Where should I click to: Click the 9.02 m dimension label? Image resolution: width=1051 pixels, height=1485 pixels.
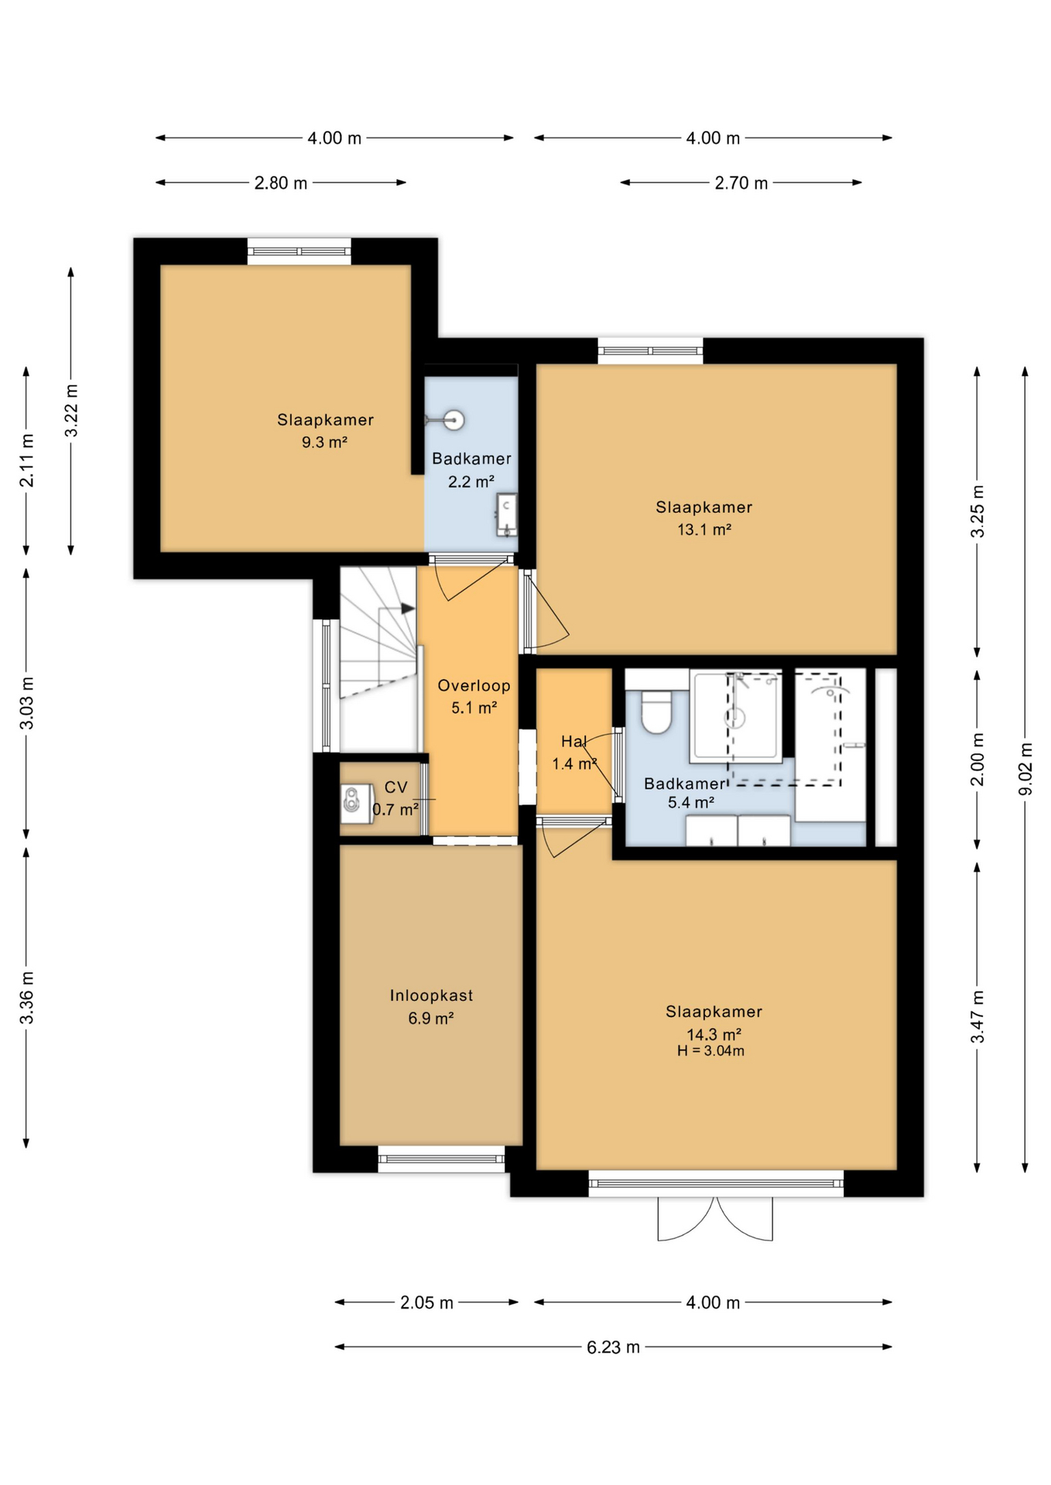(x=1025, y=769)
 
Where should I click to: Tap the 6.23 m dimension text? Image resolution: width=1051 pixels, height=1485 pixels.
(x=613, y=1347)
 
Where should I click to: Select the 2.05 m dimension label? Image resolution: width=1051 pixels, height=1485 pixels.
(x=426, y=1302)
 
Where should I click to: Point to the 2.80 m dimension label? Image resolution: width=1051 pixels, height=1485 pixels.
(x=281, y=183)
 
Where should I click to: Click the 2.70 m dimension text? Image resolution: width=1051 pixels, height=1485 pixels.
(x=741, y=183)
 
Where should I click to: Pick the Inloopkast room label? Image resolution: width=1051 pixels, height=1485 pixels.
(x=431, y=995)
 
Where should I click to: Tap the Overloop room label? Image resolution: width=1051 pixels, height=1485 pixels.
(x=474, y=685)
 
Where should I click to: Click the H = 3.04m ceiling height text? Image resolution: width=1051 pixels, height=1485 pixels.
(x=710, y=1050)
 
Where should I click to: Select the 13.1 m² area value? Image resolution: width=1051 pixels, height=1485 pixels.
(x=704, y=530)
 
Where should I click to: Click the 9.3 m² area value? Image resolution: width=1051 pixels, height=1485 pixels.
(x=324, y=442)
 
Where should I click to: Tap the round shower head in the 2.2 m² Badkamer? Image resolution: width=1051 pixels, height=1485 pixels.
(x=454, y=420)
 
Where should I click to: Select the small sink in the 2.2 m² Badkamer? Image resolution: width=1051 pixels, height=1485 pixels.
(x=506, y=514)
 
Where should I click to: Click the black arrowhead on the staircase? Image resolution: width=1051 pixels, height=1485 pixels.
(x=408, y=609)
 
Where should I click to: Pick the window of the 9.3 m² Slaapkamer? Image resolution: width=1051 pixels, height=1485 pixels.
(x=299, y=251)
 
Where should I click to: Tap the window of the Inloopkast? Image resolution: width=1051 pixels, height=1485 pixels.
(x=441, y=1158)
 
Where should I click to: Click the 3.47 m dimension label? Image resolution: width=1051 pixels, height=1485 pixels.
(x=977, y=1016)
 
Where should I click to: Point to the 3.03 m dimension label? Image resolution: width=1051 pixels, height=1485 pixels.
(x=26, y=703)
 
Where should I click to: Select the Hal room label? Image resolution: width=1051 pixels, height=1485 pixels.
(x=573, y=741)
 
